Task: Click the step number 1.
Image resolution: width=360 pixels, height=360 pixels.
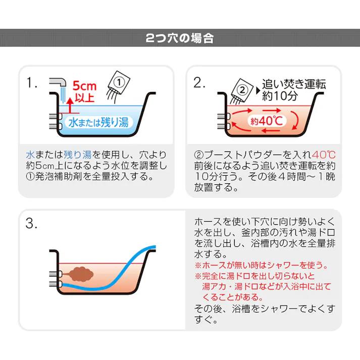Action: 33,83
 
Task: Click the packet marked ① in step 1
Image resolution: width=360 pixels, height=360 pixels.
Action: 119,82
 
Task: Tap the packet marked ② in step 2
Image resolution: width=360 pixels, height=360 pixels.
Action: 243,91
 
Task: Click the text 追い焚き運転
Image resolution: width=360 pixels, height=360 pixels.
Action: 294,84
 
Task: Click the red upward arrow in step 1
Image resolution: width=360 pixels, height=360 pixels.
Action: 70,104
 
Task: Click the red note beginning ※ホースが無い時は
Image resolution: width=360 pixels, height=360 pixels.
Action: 262,265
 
